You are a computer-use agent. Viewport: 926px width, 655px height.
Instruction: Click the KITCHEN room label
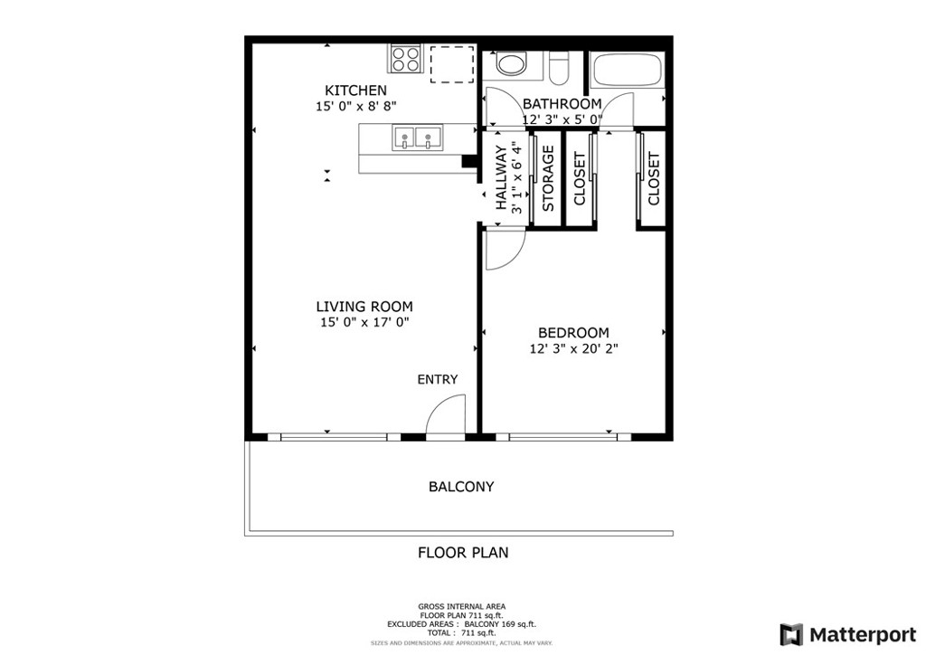(x=355, y=90)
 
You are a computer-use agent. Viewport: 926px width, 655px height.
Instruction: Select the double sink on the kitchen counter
(x=417, y=138)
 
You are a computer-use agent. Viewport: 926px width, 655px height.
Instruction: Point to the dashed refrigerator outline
(x=452, y=64)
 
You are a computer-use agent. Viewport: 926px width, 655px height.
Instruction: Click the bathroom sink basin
(x=511, y=64)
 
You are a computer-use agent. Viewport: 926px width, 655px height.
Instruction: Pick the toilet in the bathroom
(x=559, y=67)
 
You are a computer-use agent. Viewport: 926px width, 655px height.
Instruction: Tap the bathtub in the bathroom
(x=628, y=71)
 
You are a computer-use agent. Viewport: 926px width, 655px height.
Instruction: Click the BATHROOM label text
(x=562, y=104)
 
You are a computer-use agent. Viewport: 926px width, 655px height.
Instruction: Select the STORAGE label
(x=548, y=178)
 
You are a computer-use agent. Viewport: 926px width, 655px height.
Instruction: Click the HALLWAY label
(x=501, y=178)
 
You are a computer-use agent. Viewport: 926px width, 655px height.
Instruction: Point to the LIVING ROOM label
(x=364, y=307)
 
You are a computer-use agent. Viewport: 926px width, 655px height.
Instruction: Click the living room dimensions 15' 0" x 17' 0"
(x=364, y=322)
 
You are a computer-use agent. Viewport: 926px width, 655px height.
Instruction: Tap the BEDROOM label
(x=573, y=333)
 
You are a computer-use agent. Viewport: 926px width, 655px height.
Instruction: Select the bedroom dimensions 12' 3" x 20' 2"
(x=573, y=348)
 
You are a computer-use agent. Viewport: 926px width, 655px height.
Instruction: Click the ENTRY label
(x=438, y=379)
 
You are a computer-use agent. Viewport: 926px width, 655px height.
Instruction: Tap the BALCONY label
(x=461, y=487)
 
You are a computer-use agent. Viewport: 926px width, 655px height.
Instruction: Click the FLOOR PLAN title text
(x=463, y=552)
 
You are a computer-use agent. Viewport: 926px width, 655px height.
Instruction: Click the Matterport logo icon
(x=791, y=634)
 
